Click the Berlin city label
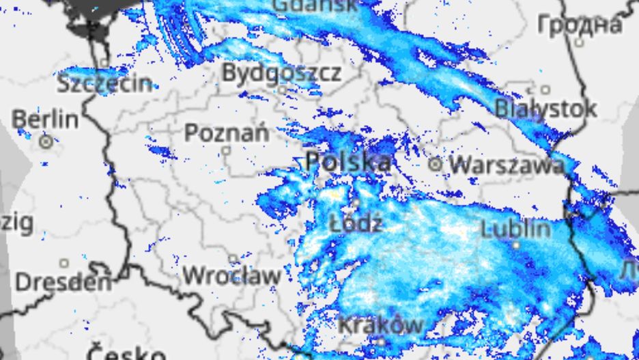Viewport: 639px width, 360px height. tap(45, 119)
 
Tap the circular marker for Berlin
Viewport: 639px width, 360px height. tap(46, 143)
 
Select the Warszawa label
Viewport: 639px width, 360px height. tap(507, 165)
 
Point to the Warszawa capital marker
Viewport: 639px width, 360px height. tap(435, 164)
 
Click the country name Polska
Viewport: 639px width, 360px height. tap(348, 162)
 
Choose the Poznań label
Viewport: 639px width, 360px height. tap(227, 133)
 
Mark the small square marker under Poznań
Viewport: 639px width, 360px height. tap(226, 150)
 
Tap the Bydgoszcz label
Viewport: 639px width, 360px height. tap(281, 72)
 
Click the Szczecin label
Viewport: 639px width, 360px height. tap(104, 83)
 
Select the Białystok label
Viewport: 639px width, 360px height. tap(545, 108)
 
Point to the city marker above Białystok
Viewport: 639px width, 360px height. tap(545, 89)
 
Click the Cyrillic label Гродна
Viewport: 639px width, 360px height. tap(580, 25)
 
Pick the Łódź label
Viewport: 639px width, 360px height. tap(356, 223)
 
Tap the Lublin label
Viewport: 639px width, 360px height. tap(515, 227)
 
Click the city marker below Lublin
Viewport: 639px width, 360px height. tap(516, 245)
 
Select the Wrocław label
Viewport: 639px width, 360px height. tap(231, 276)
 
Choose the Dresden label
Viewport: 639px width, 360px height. tap(62, 281)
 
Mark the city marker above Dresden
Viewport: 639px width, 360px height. tap(63, 263)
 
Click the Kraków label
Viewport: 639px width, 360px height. tap(381, 325)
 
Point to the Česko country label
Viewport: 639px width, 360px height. tap(126, 354)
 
